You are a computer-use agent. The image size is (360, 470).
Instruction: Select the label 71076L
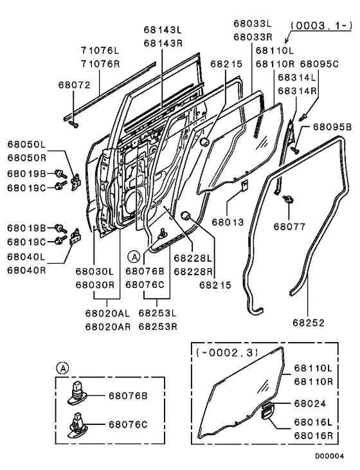[x=101, y=50]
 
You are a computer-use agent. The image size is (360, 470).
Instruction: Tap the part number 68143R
[x=162, y=43]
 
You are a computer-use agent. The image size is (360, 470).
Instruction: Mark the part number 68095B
[x=332, y=127]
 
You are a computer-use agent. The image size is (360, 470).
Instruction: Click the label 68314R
[x=298, y=91]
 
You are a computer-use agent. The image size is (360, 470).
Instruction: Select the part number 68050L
[x=27, y=145]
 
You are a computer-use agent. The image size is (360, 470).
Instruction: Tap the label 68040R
[x=27, y=271]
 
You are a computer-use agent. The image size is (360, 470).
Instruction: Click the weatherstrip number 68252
[x=309, y=322]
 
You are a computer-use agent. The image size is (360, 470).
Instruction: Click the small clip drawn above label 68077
[x=287, y=199]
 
